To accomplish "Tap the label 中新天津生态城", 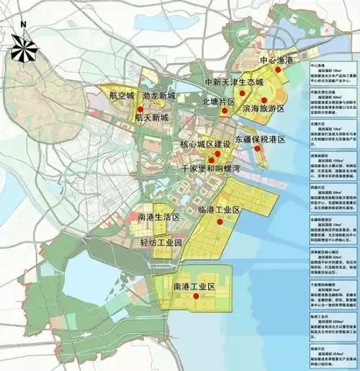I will coord(239,83).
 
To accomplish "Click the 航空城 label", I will coord(122,95).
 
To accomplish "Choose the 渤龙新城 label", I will coord(159,95).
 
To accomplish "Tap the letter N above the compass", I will coord(24,24).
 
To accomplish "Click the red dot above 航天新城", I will coord(149,108).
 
